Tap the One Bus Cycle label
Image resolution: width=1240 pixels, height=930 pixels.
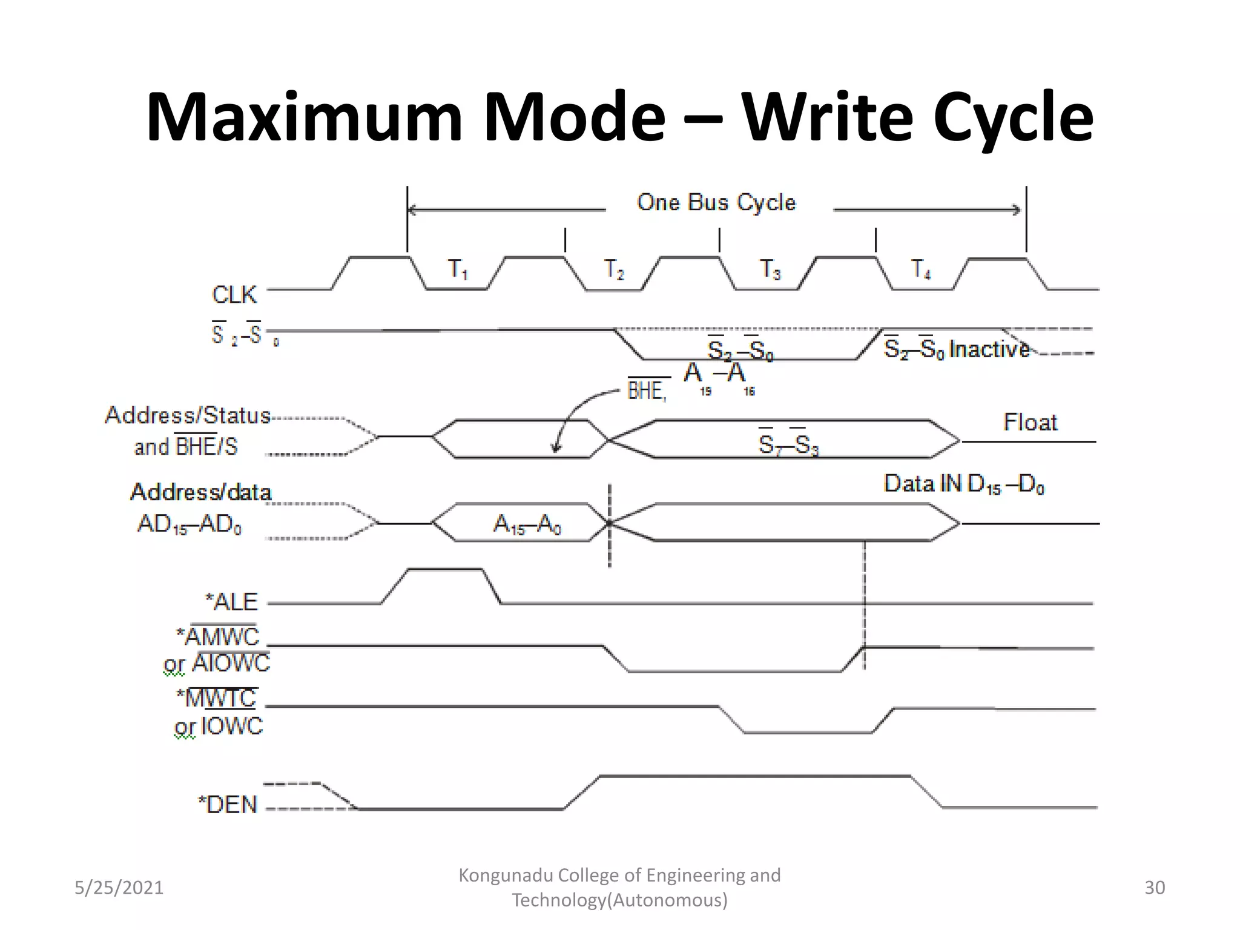716,202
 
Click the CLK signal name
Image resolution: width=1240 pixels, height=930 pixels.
234,295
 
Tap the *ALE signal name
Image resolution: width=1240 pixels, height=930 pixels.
232,602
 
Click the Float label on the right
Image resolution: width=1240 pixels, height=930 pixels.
1030,422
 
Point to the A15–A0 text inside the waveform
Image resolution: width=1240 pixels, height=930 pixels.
527,524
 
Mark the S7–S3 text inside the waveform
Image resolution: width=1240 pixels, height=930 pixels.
788,444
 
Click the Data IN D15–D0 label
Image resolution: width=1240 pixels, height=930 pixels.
964,484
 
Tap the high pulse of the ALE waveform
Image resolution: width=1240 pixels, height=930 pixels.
445,570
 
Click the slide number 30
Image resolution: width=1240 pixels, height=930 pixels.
1154,888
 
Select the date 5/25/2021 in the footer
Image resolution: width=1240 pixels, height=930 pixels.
119,888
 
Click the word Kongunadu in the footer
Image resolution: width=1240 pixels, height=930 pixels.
505,875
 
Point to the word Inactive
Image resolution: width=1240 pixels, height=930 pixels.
989,349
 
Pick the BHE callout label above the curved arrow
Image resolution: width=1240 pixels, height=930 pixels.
647,391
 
